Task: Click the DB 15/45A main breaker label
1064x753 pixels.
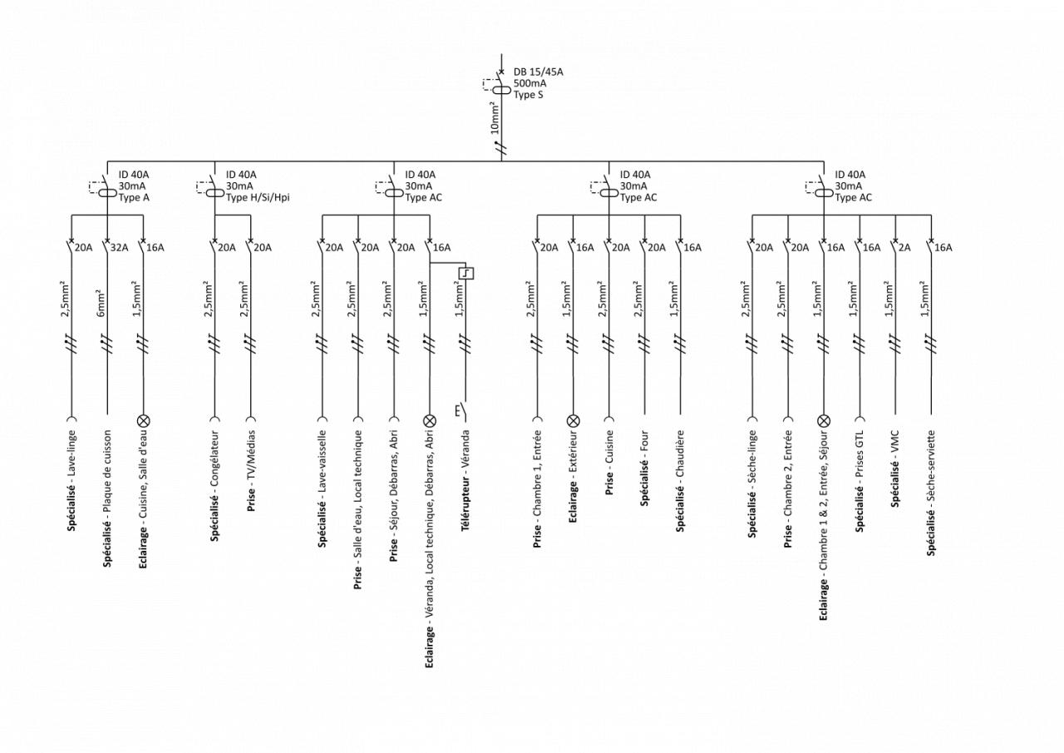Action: [x=538, y=72]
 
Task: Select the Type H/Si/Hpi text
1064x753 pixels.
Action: [x=258, y=198]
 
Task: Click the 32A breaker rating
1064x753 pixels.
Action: [x=120, y=247]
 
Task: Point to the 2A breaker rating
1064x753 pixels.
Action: [x=903, y=247]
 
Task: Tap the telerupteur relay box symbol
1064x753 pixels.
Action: [x=465, y=272]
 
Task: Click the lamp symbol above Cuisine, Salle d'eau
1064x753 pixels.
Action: [x=143, y=420]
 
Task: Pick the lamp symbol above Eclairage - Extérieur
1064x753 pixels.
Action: [x=573, y=420]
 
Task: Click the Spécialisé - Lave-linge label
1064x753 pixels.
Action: [x=71, y=480]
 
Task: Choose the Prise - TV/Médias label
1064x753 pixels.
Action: [x=251, y=470]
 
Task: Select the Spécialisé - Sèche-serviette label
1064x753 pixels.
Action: [x=931, y=493]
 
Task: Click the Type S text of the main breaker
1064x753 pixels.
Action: [x=528, y=95]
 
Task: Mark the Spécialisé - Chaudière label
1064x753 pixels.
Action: [x=680, y=481]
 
